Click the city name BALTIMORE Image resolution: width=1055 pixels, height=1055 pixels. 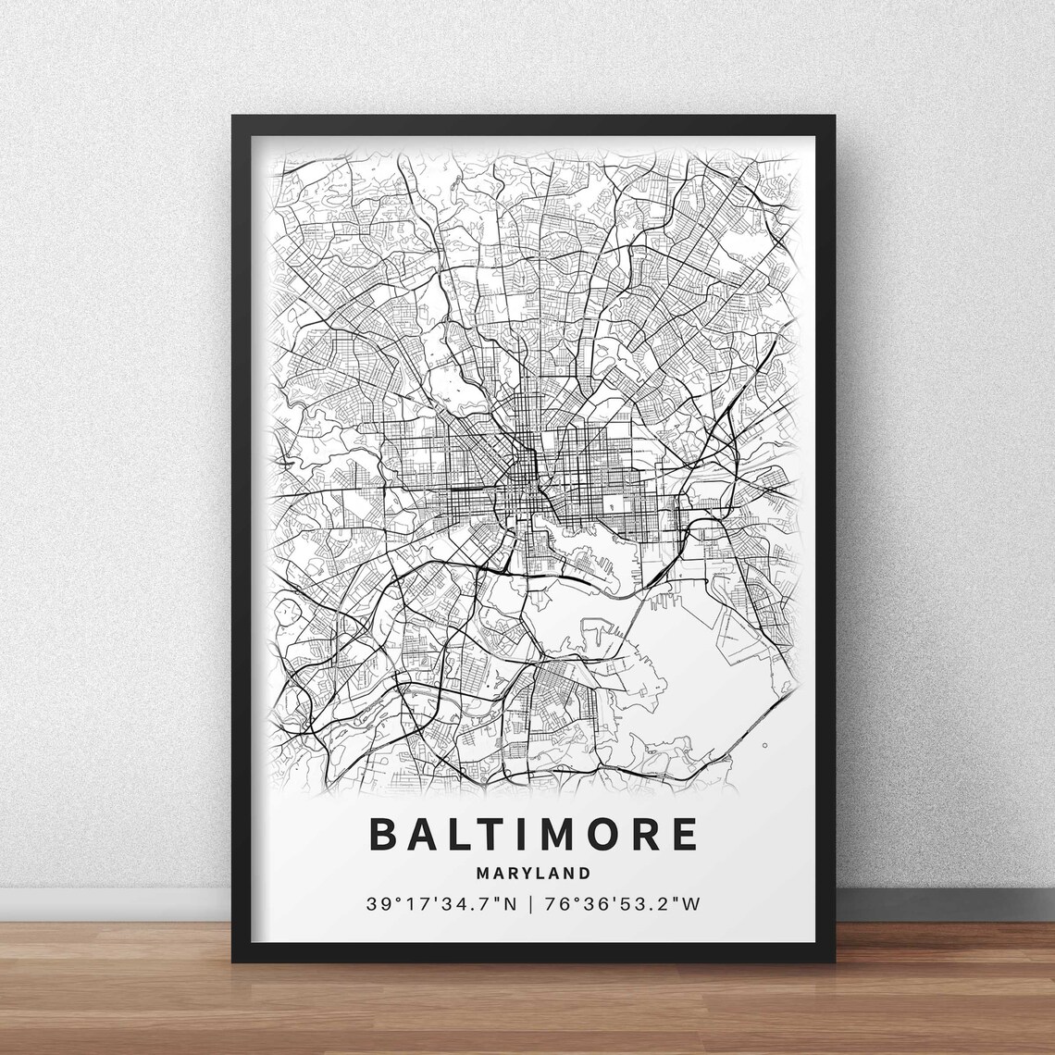click(534, 834)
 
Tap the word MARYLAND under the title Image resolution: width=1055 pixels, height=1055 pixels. click(534, 873)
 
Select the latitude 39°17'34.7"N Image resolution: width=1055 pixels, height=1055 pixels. click(441, 903)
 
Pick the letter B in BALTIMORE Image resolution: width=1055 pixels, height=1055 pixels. click(382, 834)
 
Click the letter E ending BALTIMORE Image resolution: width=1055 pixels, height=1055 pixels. click(686, 834)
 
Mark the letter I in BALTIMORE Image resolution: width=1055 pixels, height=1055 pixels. click(521, 834)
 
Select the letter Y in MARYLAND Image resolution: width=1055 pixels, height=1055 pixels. click(529, 873)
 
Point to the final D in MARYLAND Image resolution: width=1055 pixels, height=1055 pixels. click(584, 873)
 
